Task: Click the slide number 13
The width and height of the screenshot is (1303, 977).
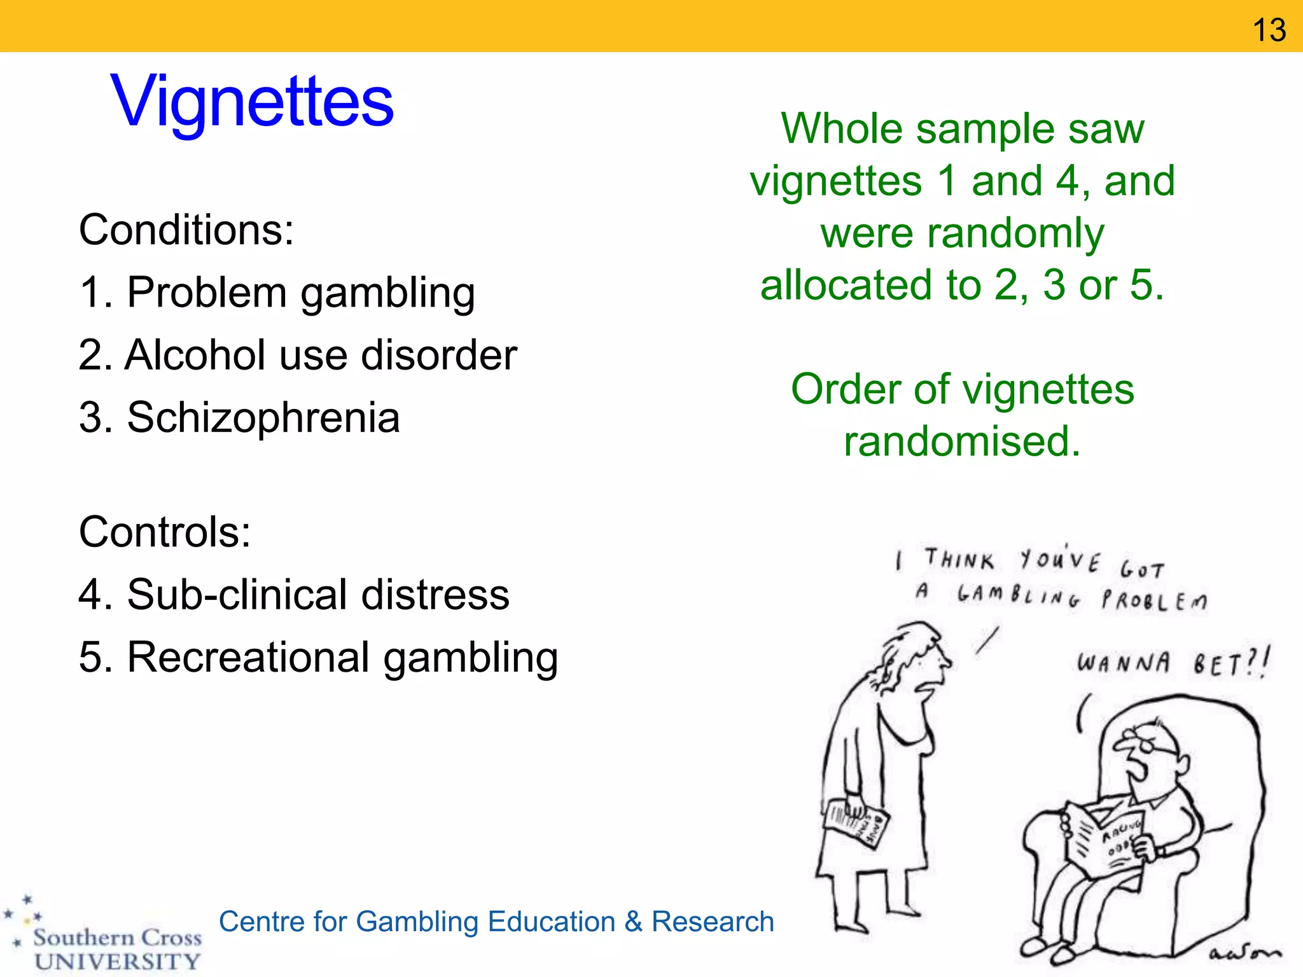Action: tap(1269, 30)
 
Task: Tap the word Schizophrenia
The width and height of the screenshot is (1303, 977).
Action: tap(263, 418)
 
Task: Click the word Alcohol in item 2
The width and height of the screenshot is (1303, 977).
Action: tap(195, 355)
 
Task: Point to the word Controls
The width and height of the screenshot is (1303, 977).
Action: tap(164, 532)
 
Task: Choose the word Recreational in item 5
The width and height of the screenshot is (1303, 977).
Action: tap(249, 657)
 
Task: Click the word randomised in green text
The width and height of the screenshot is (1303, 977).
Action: tap(961, 441)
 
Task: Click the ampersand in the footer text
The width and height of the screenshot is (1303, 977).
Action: tap(633, 922)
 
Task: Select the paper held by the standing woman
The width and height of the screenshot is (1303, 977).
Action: tap(856, 823)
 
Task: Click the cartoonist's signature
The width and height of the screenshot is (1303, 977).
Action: tap(1244, 952)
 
